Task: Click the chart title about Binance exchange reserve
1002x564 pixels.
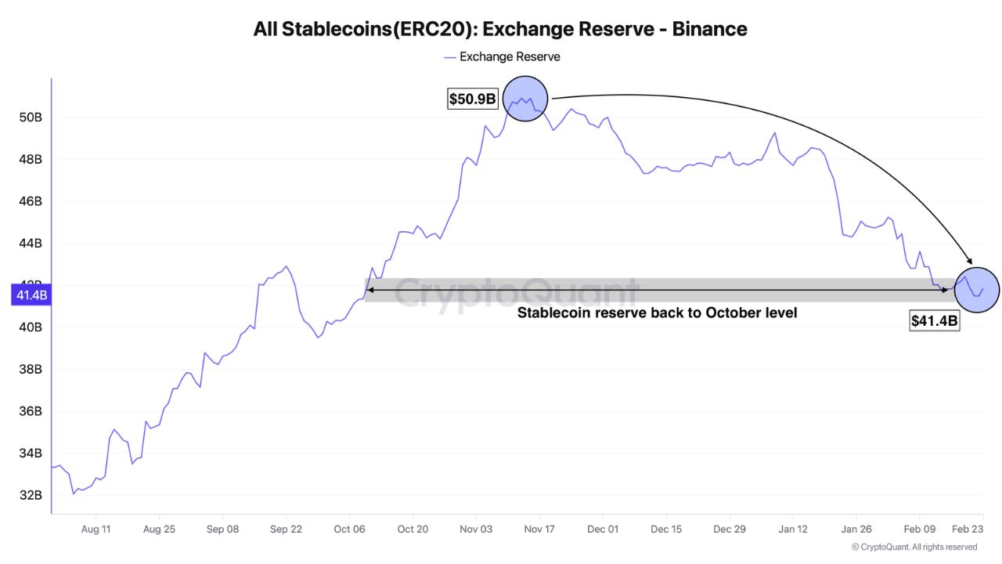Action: [x=500, y=29]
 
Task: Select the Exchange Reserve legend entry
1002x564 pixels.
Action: [x=502, y=56]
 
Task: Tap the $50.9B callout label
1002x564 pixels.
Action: [x=472, y=99]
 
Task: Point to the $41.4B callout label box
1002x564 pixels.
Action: [x=934, y=320]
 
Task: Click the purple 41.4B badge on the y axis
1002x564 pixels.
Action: [x=32, y=295]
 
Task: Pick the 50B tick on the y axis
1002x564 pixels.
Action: [x=32, y=117]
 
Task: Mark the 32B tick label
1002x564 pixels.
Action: [x=32, y=495]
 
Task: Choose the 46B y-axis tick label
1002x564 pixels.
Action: [x=32, y=201]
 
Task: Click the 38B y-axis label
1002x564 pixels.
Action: [x=32, y=369]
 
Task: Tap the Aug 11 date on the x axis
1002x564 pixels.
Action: [x=96, y=529]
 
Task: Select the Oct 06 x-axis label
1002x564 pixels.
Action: [x=349, y=529]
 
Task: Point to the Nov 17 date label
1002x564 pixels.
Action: [x=539, y=529]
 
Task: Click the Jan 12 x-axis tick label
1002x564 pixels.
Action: [x=793, y=529]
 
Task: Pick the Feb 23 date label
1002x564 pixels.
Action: [x=968, y=529]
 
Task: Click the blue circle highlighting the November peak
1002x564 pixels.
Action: [x=524, y=99]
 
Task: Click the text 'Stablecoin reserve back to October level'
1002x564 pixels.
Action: [x=657, y=313]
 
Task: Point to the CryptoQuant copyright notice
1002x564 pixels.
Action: [x=914, y=547]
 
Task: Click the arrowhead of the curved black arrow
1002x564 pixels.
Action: [x=971, y=262]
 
